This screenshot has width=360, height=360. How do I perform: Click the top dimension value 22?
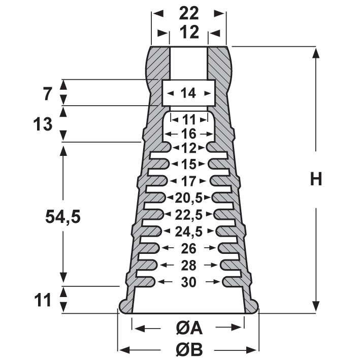click(x=188, y=13)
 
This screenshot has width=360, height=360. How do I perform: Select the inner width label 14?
click(x=188, y=93)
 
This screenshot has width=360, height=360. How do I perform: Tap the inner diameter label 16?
click(x=188, y=134)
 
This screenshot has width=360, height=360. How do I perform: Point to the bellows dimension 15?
click(x=188, y=165)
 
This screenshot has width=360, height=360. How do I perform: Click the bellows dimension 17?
click(x=188, y=181)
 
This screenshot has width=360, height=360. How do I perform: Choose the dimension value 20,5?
click(x=188, y=197)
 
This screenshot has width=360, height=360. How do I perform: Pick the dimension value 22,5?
click(x=188, y=214)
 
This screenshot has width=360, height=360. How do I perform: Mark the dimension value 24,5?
click(x=188, y=232)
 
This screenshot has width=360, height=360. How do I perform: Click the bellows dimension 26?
click(x=188, y=248)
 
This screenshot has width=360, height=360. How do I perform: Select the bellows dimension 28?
click(x=188, y=265)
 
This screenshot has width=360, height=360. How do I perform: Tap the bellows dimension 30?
click(x=188, y=282)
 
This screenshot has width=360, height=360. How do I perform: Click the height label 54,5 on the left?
click(x=63, y=217)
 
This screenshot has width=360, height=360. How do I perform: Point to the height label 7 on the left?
click(x=47, y=93)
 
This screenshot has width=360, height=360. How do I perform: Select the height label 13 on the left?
click(x=42, y=124)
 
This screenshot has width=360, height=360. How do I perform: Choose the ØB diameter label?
click(x=189, y=349)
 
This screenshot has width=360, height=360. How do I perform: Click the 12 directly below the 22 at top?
click(x=188, y=33)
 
